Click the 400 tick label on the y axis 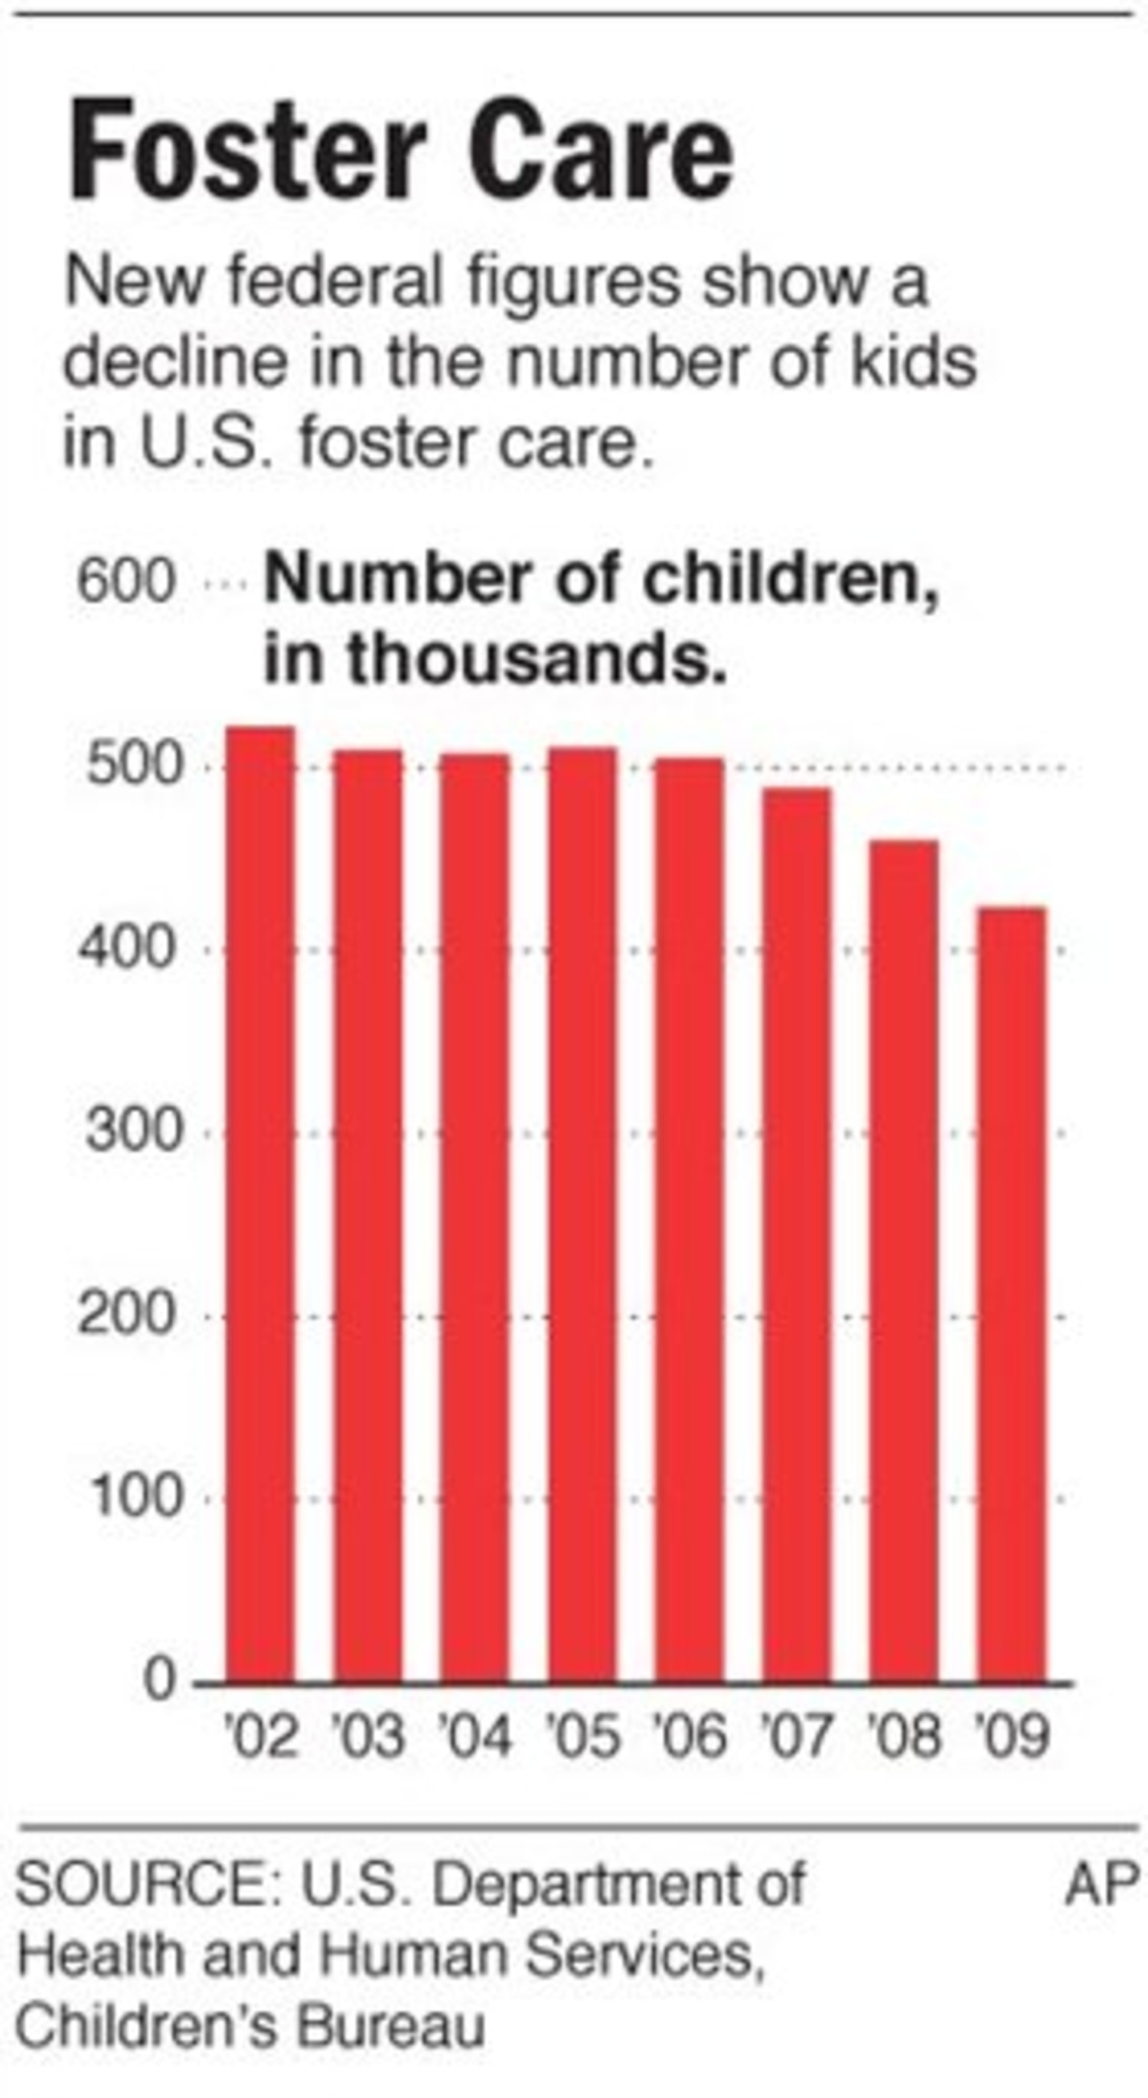(x=127, y=950)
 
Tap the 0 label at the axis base (x=160, y=1680)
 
